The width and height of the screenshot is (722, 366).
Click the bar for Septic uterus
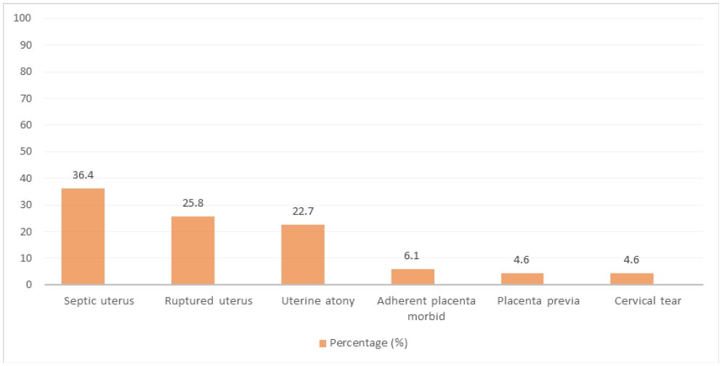pos(83,236)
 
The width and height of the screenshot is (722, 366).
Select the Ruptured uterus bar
pos(192,250)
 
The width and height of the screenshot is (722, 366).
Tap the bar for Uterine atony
pos(302,255)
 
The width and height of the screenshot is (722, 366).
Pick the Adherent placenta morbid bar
pos(413,277)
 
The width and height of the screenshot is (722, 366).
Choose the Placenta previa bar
pos(522,279)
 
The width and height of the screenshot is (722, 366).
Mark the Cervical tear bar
pos(632,279)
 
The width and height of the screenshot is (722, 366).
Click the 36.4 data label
pos(83,175)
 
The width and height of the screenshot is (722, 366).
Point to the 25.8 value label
pos(192,203)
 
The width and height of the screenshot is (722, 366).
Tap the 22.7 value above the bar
pos(302,212)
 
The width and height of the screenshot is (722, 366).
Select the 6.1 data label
pos(413,256)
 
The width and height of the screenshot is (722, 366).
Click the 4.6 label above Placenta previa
pos(522,260)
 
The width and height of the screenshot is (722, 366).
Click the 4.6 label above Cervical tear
pos(632,260)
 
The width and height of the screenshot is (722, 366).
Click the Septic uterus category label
pos(99,301)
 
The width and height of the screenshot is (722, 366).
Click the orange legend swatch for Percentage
pos(323,343)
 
